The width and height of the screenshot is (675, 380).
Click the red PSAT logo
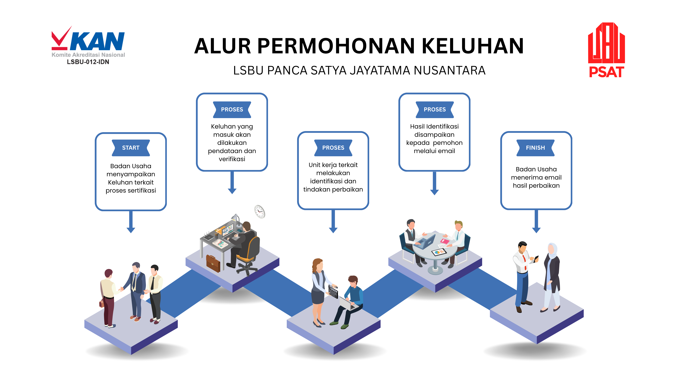click(x=606, y=50)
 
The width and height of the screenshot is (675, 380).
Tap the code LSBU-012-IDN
click(x=88, y=62)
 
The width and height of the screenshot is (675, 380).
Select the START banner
click(x=131, y=148)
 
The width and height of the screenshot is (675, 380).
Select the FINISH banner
click(x=535, y=148)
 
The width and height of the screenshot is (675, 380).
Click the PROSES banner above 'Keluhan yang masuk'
click(x=232, y=109)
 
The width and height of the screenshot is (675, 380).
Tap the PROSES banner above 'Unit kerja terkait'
click(x=333, y=148)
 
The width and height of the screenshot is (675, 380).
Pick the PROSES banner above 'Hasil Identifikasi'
click(x=434, y=109)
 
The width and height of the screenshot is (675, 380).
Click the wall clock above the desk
click(x=260, y=211)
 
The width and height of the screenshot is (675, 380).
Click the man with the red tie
click(x=524, y=275)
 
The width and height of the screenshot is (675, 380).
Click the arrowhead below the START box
click(x=131, y=230)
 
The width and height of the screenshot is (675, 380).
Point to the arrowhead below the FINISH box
click(x=536, y=230)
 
